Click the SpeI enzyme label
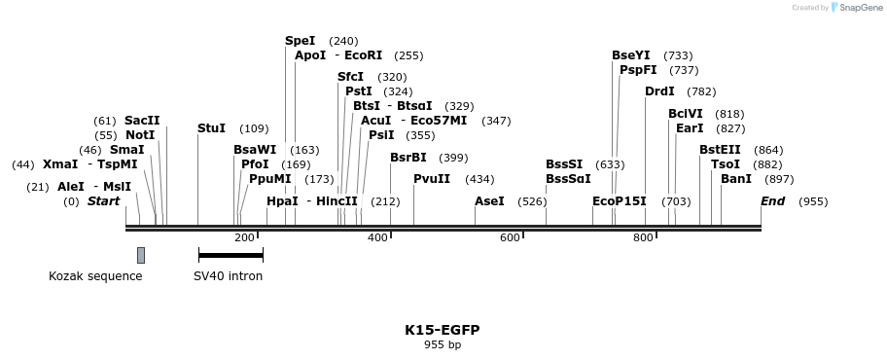coord(300,41)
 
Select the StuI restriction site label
coord(211,128)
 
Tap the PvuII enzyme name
coord(431,179)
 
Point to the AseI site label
coord(489,201)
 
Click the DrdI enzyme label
coord(659,91)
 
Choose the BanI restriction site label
coord(736,179)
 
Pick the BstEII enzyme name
coord(720,150)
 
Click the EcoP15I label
coord(620,201)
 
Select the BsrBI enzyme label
coord(408,158)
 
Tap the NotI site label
coord(140,135)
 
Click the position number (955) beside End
coord(813,201)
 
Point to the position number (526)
coord(532,201)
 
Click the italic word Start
coord(103,201)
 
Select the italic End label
coord(772,201)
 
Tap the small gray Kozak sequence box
coord(141,255)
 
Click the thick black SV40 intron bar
coord(231,255)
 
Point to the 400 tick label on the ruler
coord(376,237)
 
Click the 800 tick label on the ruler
coord(642,237)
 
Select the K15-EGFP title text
coord(443,330)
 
